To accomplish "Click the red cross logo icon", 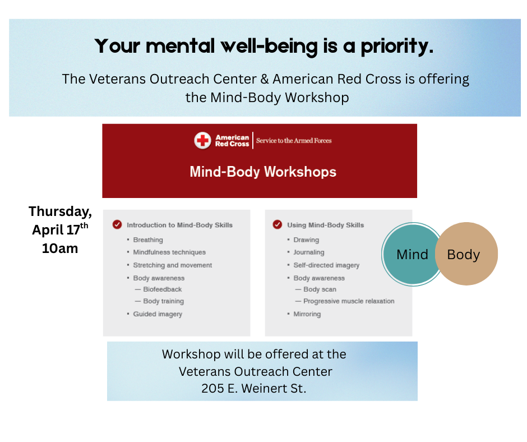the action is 202,140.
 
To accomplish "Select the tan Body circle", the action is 466,254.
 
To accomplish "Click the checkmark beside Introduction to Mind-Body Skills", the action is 117,224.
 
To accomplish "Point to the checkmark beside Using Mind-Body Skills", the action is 278,224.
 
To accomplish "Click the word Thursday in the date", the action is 60,211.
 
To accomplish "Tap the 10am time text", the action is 60,248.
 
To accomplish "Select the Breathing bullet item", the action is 148,240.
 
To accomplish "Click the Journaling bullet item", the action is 309,252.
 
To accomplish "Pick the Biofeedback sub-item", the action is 163,289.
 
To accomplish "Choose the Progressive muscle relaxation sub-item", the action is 349,301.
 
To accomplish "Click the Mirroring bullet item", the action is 307,314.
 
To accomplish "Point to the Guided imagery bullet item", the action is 158,314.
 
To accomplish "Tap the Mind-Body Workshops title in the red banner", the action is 263,172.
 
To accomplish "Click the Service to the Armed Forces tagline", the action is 294,141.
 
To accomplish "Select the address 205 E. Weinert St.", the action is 254,389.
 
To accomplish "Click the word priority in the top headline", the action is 397,47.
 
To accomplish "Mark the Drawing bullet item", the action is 306,240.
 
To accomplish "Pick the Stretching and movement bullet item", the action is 173,265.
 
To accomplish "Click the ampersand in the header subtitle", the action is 265,80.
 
